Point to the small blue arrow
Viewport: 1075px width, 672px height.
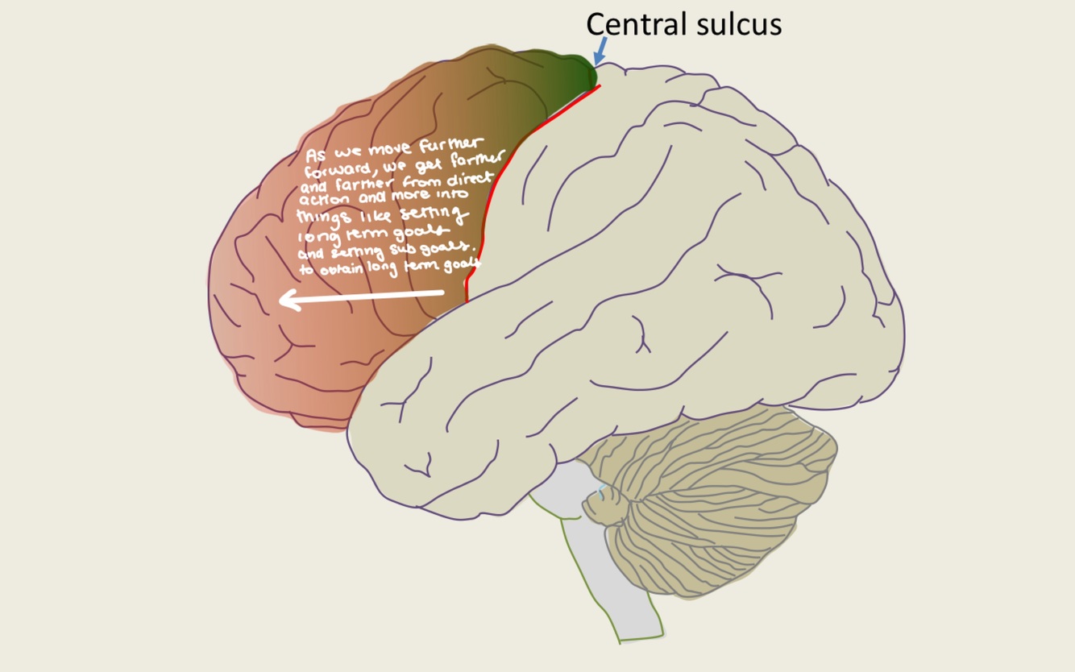pyautogui.click(x=599, y=51)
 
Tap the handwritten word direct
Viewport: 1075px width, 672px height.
pyautogui.click(x=468, y=180)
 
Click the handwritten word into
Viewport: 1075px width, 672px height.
pyautogui.click(x=451, y=194)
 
